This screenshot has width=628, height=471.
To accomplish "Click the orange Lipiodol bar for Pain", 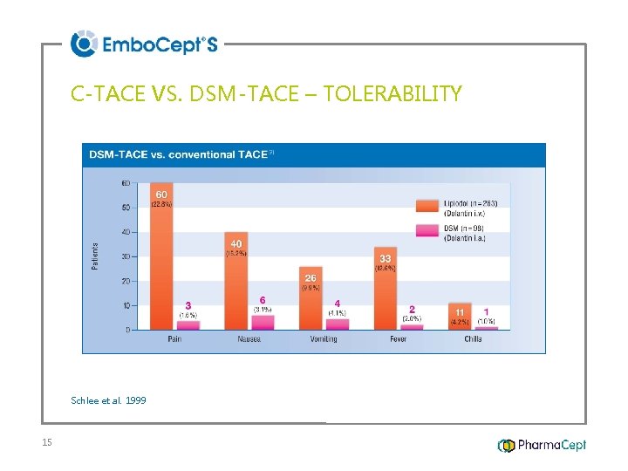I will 161,262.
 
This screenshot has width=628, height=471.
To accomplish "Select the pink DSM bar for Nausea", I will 263,322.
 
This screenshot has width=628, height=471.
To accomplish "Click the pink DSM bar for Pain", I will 188,324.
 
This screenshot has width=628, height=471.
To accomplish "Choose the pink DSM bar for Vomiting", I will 338,324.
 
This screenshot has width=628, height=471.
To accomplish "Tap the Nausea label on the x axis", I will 249,338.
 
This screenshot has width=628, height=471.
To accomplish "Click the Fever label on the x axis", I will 398,338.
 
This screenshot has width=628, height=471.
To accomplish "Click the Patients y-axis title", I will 95,256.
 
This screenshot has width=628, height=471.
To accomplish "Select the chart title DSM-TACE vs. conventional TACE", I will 178,154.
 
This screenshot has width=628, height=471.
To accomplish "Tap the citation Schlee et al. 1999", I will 108,400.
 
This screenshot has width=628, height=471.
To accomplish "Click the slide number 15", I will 47,443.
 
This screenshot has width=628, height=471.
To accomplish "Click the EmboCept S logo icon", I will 84,43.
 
